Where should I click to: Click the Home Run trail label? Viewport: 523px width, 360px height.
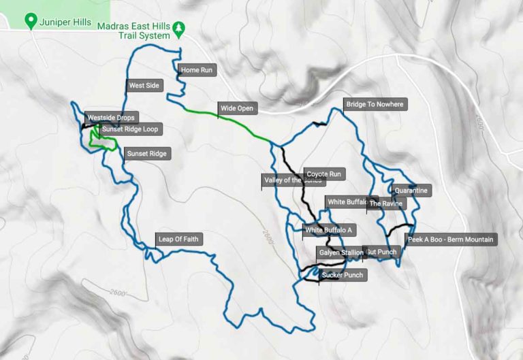coord(198,70)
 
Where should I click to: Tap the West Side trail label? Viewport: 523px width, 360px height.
coord(144,86)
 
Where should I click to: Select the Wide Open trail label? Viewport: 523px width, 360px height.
coord(236,108)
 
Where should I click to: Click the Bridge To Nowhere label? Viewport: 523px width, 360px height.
coord(375,105)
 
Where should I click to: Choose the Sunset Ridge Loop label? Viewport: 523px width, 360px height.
coord(132,129)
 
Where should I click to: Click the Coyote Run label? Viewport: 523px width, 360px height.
coord(323,174)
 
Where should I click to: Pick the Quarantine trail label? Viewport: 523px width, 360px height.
coord(411,191)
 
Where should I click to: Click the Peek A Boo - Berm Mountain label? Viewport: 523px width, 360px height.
coord(450,240)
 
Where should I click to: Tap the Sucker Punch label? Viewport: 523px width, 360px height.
coord(342,276)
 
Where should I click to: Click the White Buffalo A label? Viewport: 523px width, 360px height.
coord(329,230)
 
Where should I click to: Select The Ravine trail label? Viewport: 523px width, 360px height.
coord(386,203)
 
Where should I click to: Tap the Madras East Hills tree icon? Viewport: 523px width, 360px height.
coord(178,29)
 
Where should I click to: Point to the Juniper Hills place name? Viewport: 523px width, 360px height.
coord(65,21)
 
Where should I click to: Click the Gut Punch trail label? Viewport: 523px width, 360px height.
coord(381,252)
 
